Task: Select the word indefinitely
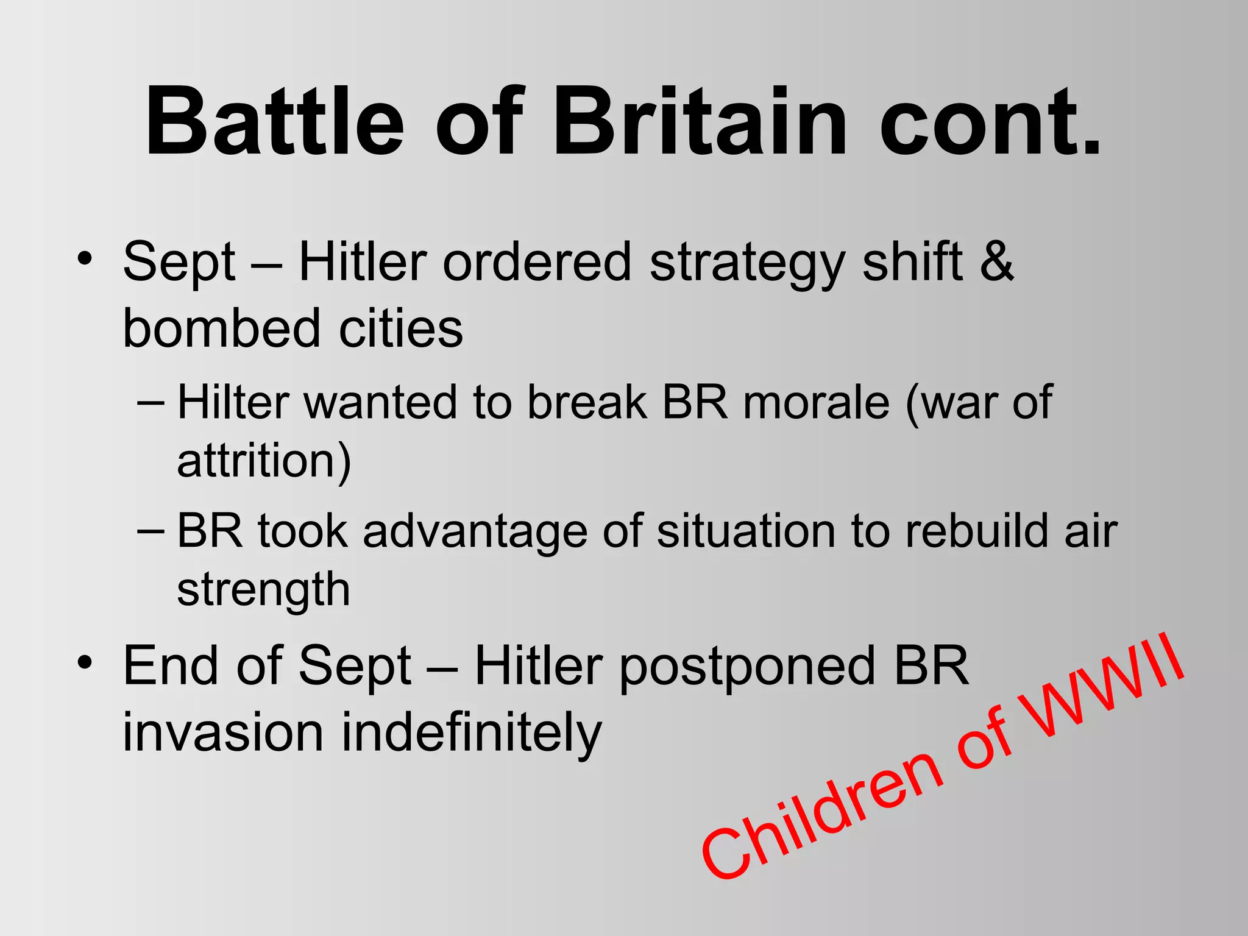[472, 733]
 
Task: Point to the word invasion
[223, 733]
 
